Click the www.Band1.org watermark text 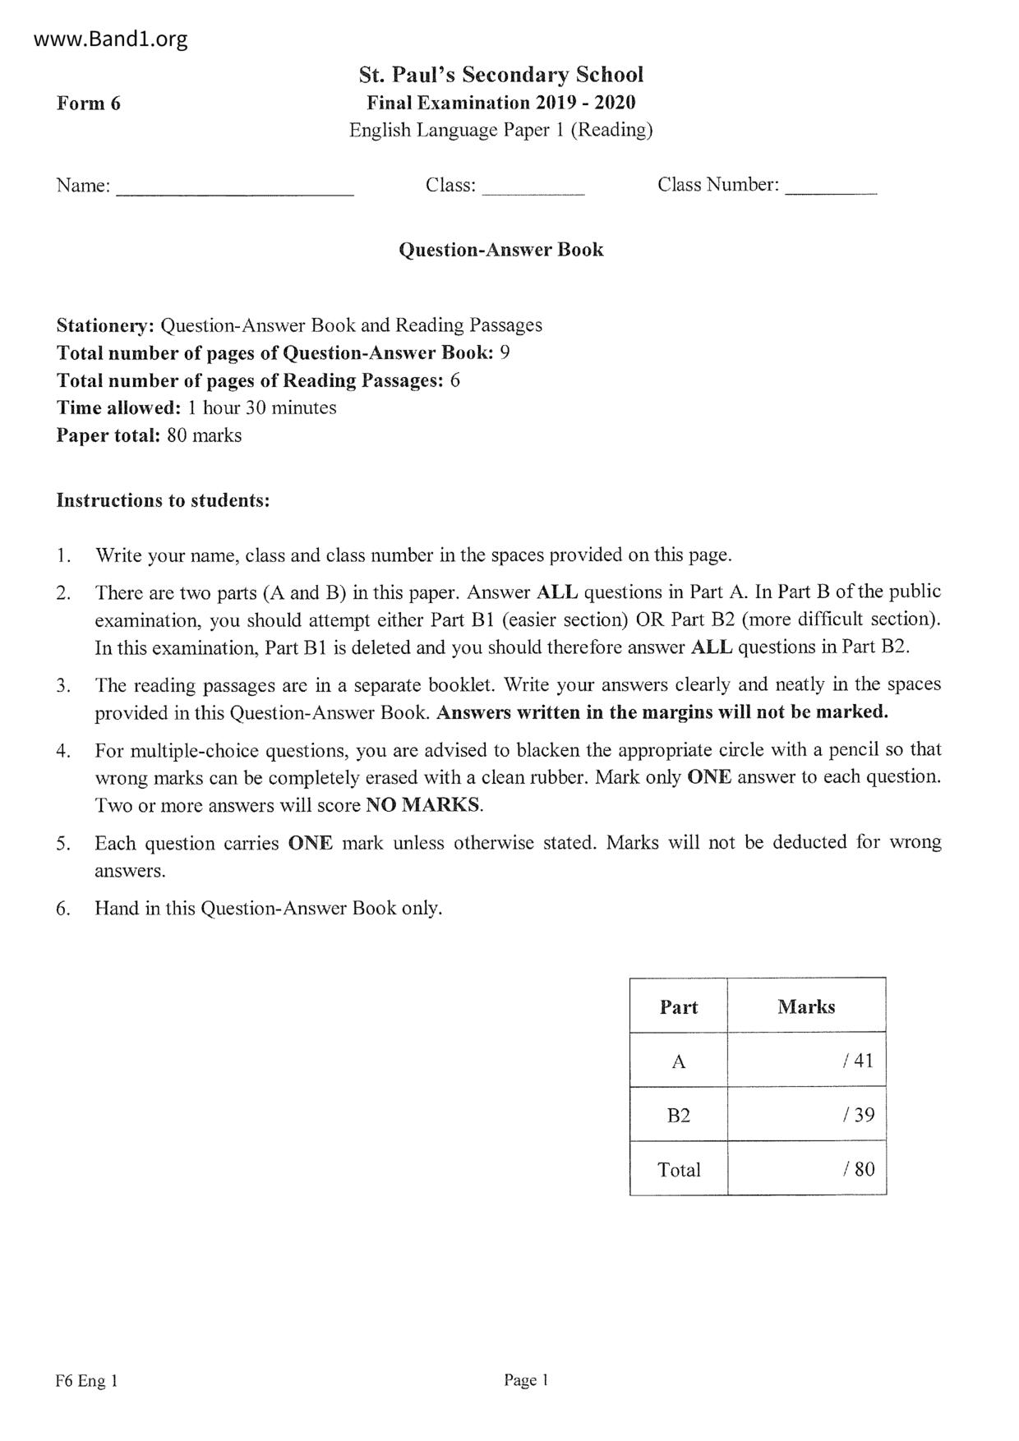(112, 39)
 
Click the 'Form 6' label (88, 104)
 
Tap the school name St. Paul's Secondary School (500, 75)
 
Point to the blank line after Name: (235, 192)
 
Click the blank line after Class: (533, 192)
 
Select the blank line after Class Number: (831, 192)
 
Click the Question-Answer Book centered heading (500, 250)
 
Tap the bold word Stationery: (105, 325)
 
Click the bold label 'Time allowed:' (118, 407)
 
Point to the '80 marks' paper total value (204, 435)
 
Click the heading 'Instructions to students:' (163, 500)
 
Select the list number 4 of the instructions (62, 750)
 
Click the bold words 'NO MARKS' (422, 805)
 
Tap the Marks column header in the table (806, 1006)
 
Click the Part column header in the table (679, 1007)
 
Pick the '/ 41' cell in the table (858, 1061)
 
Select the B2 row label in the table (679, 1115)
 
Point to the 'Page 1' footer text (526, 1380)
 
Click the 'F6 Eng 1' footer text (87, 1381)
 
